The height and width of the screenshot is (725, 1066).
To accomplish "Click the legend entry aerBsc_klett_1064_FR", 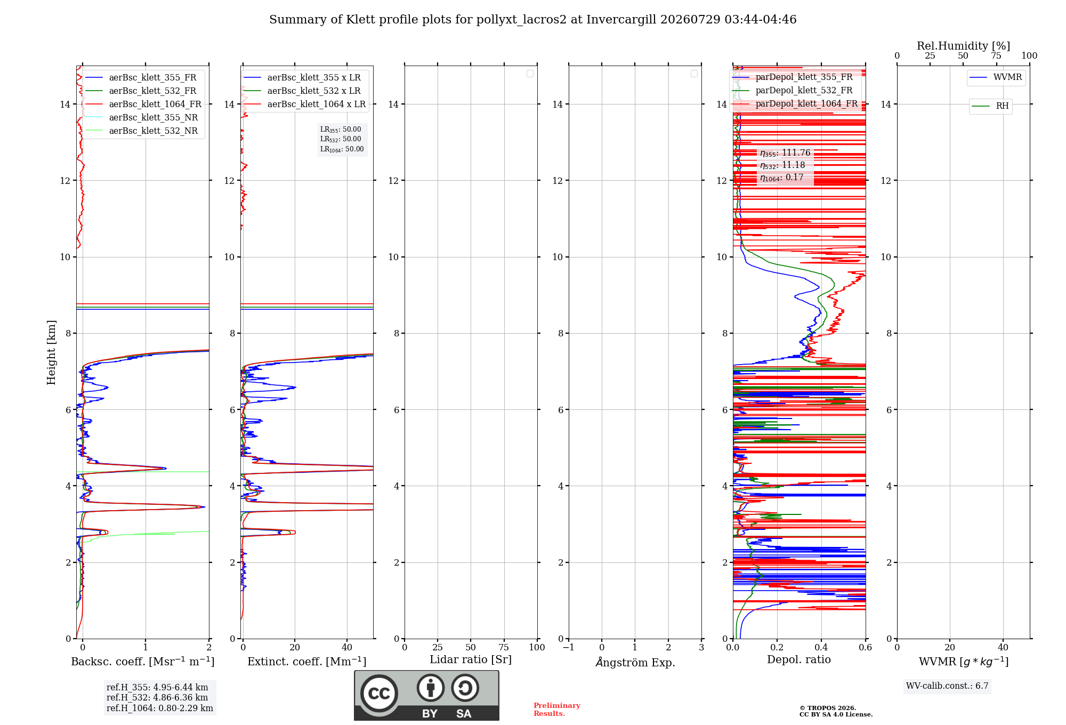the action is pyautogui.click(x=143, y=104).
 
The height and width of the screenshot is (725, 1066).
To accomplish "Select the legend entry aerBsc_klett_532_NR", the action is pyautogui.click(x=141, y=131).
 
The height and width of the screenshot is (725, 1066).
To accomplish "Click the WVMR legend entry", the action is pyautogui.click(x=996, y=77).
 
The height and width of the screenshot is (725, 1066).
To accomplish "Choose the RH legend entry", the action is pyautogui.click(x=990, y=106).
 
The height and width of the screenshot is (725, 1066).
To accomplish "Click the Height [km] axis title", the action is pyautogui.click(x=51, y=352).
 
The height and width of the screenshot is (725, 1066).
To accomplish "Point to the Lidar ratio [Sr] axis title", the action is pyautogui.click(x=471, y=659).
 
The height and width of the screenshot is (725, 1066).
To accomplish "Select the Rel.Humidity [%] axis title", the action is pyautogui.click(x=963, y=46).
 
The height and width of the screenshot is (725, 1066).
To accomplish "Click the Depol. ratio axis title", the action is pyautogui.click(x=798, y=659).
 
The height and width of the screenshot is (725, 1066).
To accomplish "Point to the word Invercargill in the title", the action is pyautogui.click(x=621, y=20).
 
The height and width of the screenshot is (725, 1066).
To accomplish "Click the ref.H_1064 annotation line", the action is pyautogui.click(x=159, y=708).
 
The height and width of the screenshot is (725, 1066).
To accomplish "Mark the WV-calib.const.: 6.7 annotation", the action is pyautogui.click(x=947, y=686).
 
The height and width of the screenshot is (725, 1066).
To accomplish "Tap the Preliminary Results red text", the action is pyautogui.click(x=556, y=710).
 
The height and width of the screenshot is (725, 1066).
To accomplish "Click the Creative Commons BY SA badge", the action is pyautogui.click(x=426, y=695).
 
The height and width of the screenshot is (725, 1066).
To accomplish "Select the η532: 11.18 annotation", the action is pyautogui.click(x=782, y=165).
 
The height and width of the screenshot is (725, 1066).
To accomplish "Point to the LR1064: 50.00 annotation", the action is pyautogui.click(x=342, y=149).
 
